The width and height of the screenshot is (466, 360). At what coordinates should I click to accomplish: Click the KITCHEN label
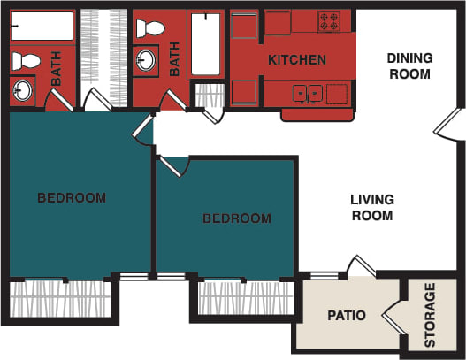tap(298, 60)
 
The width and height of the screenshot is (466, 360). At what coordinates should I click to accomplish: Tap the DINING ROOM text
tap(409, 66)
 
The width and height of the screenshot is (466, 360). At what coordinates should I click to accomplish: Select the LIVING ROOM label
tap(372, 207)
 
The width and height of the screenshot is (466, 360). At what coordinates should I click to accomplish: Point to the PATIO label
tap(347, 315)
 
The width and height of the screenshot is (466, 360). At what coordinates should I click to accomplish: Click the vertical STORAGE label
tap(431, 315)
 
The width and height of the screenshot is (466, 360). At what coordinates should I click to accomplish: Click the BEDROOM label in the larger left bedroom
tap(72, 197)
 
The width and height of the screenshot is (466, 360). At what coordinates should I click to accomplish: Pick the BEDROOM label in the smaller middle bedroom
tap(236, 218)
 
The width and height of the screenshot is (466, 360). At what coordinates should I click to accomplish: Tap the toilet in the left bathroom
tap(28, 61)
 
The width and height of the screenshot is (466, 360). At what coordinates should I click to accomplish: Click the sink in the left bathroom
tap(23, 89)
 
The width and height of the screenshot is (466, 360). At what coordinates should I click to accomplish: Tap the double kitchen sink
tap(308, 92)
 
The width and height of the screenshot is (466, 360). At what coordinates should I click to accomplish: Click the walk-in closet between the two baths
tap(104, 53)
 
